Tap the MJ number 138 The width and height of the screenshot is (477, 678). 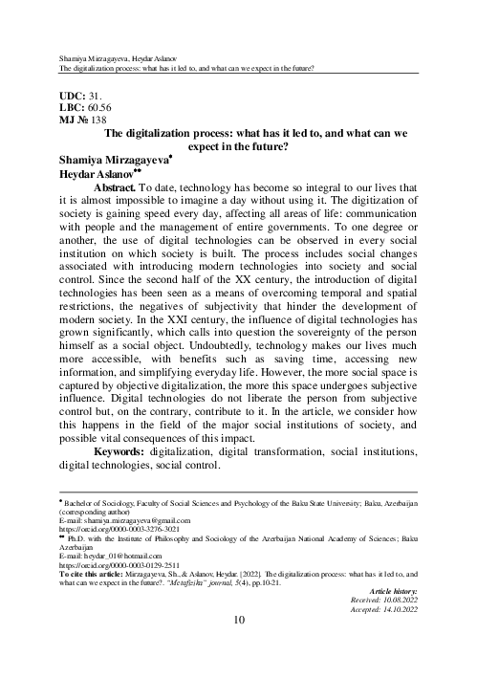click(100, 123)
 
